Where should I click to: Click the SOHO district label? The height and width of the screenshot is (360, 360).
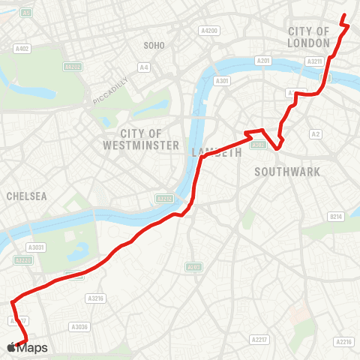154,46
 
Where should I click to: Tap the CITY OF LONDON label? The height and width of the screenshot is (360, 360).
309,37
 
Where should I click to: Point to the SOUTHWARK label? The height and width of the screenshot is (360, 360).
287,172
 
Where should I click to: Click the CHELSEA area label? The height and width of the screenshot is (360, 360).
26,196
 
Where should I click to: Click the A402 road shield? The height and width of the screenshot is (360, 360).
22,49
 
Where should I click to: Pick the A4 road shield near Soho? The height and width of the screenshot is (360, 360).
143,67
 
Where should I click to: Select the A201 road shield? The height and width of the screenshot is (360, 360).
263,60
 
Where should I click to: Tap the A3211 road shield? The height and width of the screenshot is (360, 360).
315,61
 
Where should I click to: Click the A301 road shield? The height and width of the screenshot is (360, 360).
221,81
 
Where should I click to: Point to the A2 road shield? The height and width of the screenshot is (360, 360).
316,134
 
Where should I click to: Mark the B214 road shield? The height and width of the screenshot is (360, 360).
336,217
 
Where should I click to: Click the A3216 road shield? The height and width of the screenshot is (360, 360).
94,298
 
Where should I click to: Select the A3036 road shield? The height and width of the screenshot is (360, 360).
79,327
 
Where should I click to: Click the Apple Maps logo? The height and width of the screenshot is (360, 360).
27,347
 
